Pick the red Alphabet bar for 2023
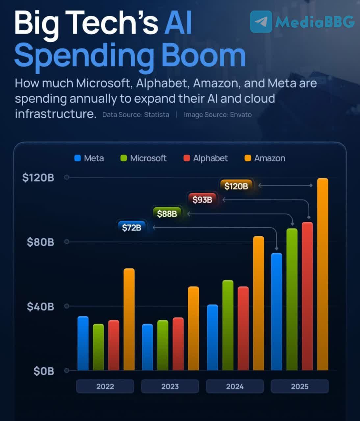(x=178, y=344)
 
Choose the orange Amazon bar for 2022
(x=129, y=319)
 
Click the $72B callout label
(x=131, y=227)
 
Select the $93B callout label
(x=202, y=199)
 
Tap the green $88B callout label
(x=167, y=214)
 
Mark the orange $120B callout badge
(x=236, y=186)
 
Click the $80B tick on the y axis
(x=40, y=242)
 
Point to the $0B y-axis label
(x=43, y=371)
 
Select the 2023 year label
(x=170, y=386)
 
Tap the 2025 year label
(x=299, y=386)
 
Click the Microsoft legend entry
(x=143, y=158)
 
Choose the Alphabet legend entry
(x=206, y=158)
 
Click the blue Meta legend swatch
(x=78, y=158)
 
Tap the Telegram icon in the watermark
(x=261, y=22)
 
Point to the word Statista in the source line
(x=156, y=115)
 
